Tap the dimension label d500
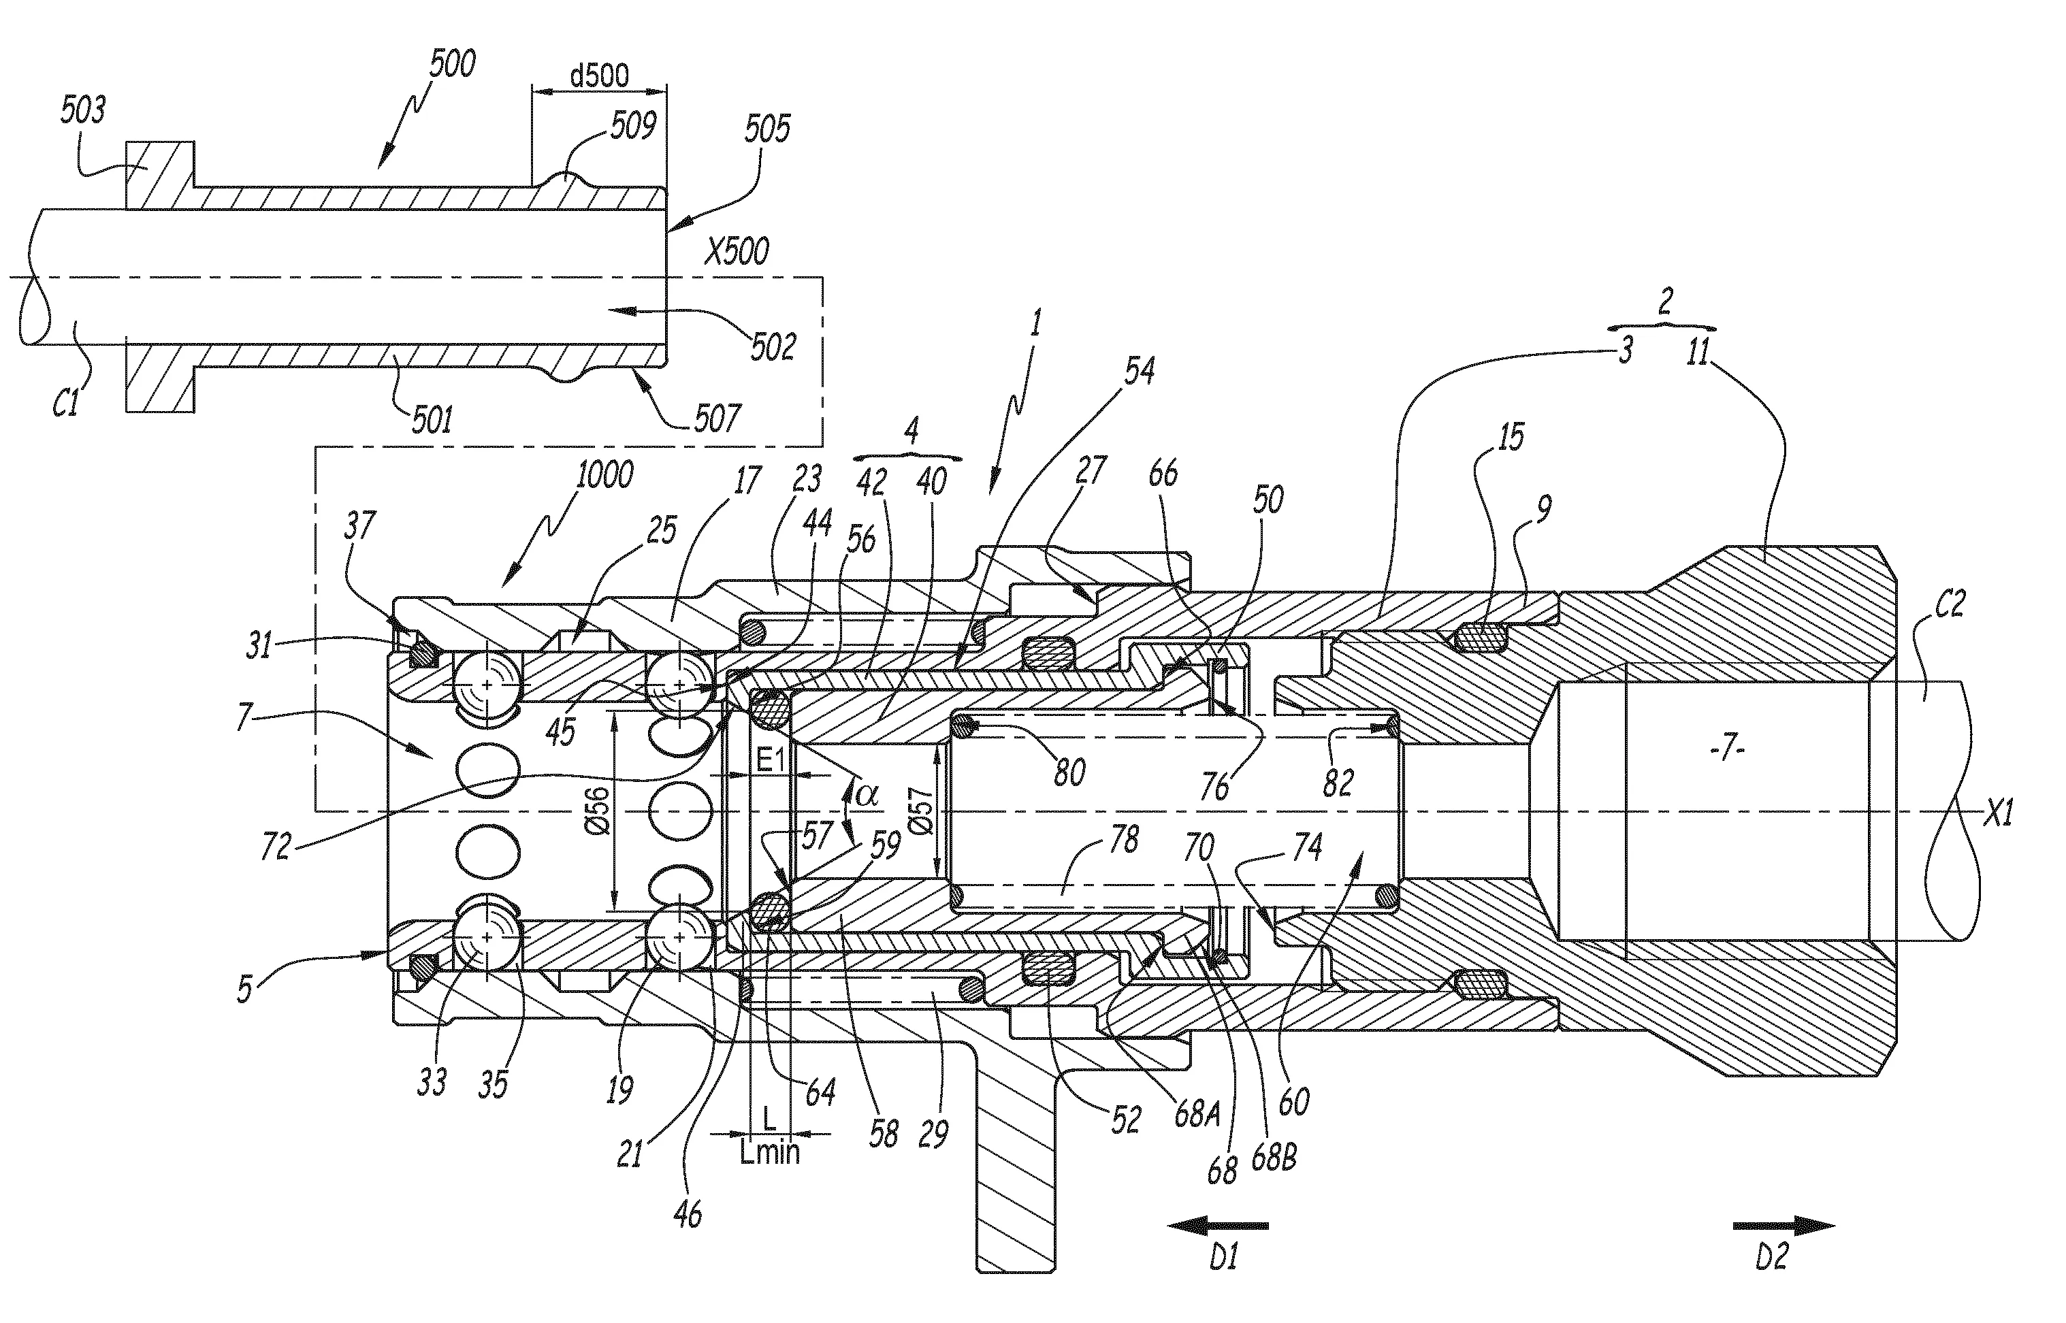coord(600,76)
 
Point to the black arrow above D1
coord(1217,1226)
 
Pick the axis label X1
coord(1998,813)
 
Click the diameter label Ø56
coord(599,811)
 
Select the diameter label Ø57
coord(921,811)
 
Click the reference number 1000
coord(604,474)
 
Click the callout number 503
coord(83,110)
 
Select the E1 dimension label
coord(770,759)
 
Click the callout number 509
coord(633,127)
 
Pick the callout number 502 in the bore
coord(772,347)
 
